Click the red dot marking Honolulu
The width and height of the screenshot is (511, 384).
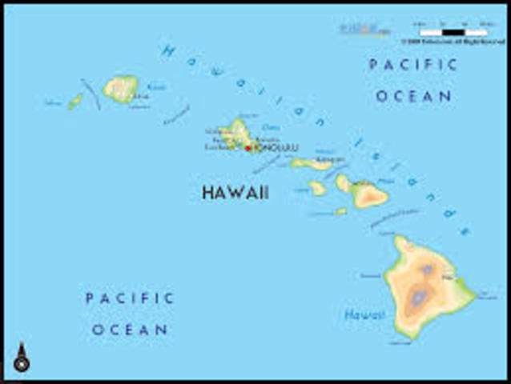[x=248, y=148]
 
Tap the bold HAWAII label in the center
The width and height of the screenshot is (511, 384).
[x=235, y=193]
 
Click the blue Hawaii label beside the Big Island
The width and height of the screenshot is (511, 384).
[x=364, y=315]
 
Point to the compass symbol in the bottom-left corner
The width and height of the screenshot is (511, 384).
[x=22, y=359]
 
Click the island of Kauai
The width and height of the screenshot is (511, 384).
[x=121, y=88]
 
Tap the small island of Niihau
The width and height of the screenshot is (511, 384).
[x=75, y=102]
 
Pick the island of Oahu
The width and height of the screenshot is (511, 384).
[x=237, y=134]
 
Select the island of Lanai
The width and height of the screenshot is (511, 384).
[x=318, y=188]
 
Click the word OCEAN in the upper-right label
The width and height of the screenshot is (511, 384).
[x=413, y=96]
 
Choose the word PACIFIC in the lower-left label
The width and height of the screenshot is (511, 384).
[x=130, y=298]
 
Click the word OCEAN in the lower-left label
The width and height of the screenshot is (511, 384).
[x=130, y=329]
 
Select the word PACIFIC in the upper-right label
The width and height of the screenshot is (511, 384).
[x=413, y=65]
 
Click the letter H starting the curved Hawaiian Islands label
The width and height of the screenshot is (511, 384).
[x=167, y=51]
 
